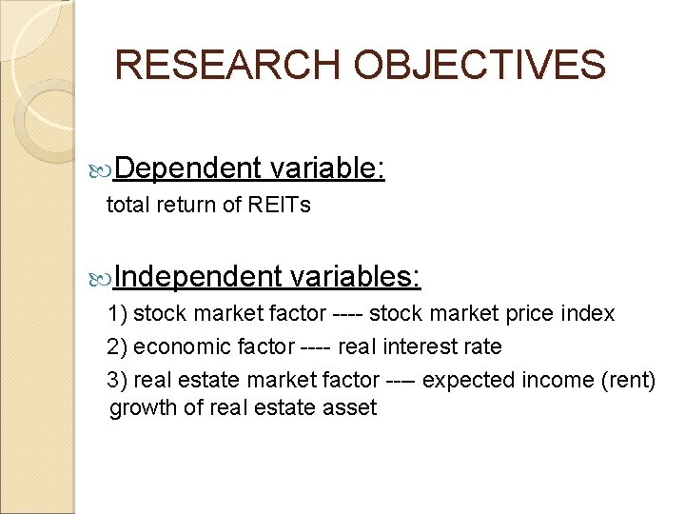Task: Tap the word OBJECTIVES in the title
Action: (x=479, y=65)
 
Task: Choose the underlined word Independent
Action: (x=200, y=276)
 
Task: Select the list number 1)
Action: (x=119, y=313)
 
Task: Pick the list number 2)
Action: (x=119, y=346)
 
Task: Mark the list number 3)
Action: (x=119, y=380)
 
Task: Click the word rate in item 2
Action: (x=482, y=346)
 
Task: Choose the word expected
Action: (x=470, y=380)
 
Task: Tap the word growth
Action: (x=139, y=408)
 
